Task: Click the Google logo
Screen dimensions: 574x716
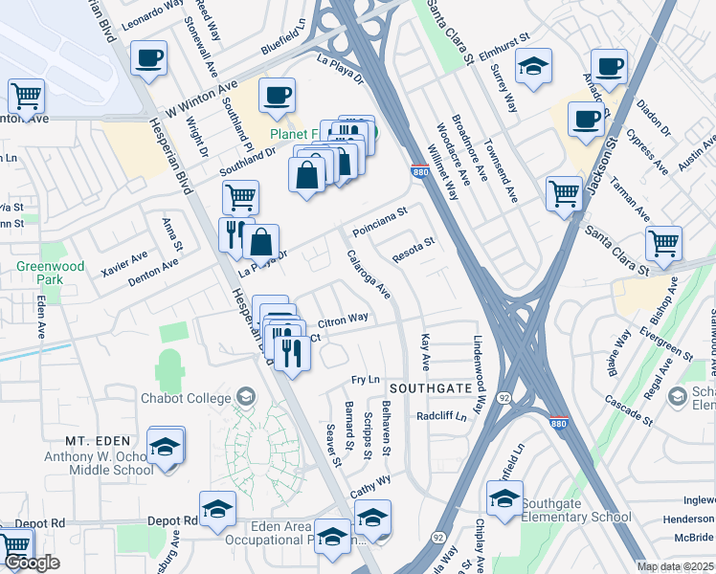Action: pos(33,563)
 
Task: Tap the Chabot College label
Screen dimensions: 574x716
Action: pos(186,398)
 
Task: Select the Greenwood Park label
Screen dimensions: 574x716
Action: pos(50,273)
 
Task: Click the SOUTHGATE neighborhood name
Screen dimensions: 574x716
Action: pos(430,388)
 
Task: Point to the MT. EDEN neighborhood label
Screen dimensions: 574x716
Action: pos(97,440)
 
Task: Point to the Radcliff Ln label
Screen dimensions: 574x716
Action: pos(440,416)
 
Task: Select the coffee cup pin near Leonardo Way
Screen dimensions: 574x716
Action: pos(147,57)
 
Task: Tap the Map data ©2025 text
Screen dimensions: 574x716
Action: pos(674,566)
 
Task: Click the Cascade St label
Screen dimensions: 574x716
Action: pos(628,414)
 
